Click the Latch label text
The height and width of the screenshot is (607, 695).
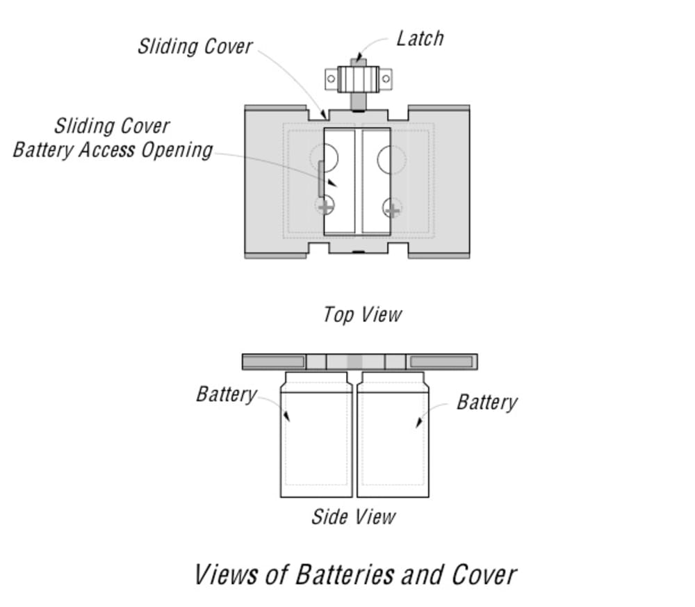click(420, 38)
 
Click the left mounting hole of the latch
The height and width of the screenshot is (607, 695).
click(331, 79)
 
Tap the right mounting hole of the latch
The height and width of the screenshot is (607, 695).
click(386, 79)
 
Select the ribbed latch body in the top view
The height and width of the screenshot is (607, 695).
click(358, 79)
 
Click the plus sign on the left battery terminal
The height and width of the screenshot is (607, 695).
click(325, 207)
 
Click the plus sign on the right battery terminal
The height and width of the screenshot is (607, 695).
click(392, 209)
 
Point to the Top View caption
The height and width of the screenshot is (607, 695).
click(363, 315)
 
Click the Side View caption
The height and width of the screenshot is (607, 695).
click(353, 517)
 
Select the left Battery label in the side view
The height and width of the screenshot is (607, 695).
click(227, 395)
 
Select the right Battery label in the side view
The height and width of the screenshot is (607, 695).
click(487, 403)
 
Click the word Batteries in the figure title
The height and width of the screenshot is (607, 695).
click(344, 575)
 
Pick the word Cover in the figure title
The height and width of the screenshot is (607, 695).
click(484, 575)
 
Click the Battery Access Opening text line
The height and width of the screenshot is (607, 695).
click(113, 150)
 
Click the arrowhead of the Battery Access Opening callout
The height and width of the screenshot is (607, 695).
click(332, 182)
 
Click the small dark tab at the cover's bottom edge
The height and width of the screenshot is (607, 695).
click(358, 252)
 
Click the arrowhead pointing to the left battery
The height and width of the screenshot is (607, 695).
click(287, 416)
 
